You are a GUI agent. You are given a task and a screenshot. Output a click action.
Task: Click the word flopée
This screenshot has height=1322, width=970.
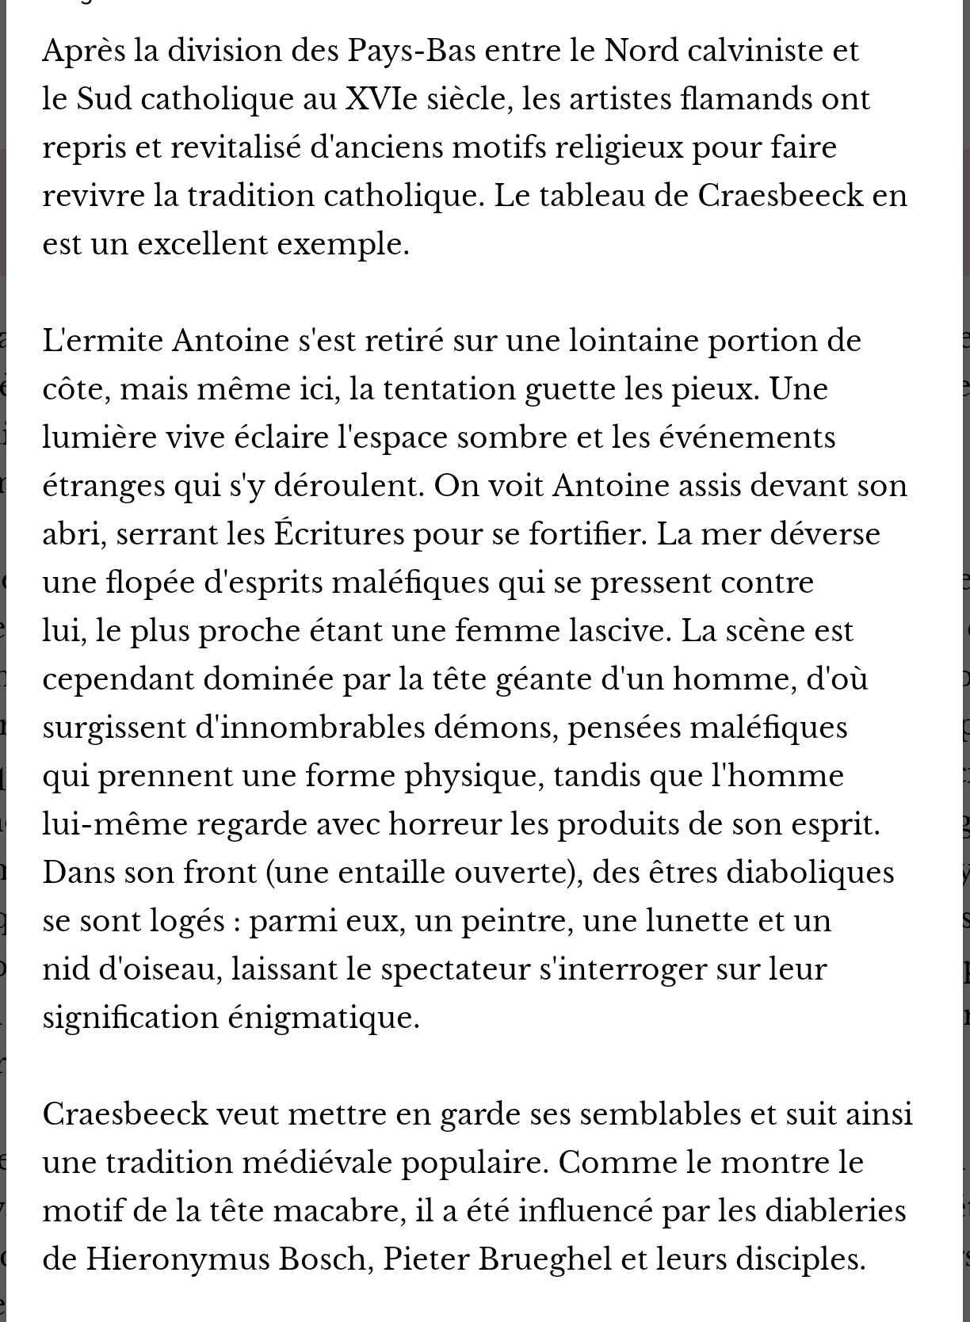click(x=151, y=583)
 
